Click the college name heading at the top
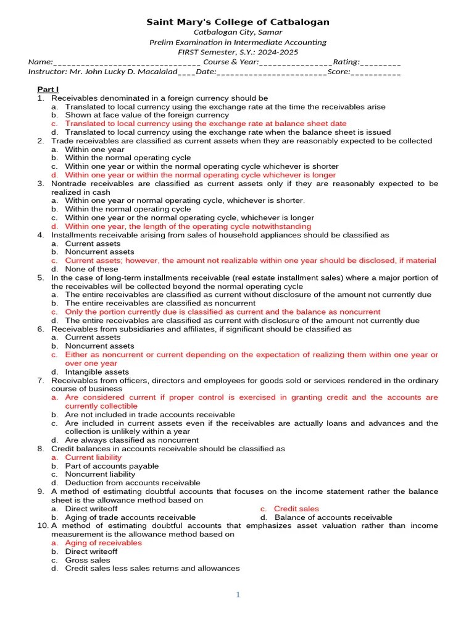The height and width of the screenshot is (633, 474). click(238, 22)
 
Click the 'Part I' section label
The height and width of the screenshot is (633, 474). click(48, 90)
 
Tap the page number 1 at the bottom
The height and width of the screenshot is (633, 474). click(238, 595)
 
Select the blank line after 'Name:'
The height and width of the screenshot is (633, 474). click(127, 62)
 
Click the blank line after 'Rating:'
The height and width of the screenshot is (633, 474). click(380, 62)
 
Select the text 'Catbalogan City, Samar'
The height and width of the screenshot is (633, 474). click(238, 33)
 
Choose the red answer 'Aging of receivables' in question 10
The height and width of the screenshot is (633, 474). click(103, 543)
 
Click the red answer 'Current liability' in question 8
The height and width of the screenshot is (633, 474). click(93, 457)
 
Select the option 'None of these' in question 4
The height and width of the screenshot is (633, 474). click(91, 269)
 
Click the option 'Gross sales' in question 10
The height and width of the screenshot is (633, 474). click(88, 560)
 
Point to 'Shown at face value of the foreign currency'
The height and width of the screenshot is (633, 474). click(147, 115)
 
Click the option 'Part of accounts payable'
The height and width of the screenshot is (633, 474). click(112, 466)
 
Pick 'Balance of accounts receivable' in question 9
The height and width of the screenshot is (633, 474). click(333, 517)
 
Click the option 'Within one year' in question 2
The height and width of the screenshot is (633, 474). click(94, 150)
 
